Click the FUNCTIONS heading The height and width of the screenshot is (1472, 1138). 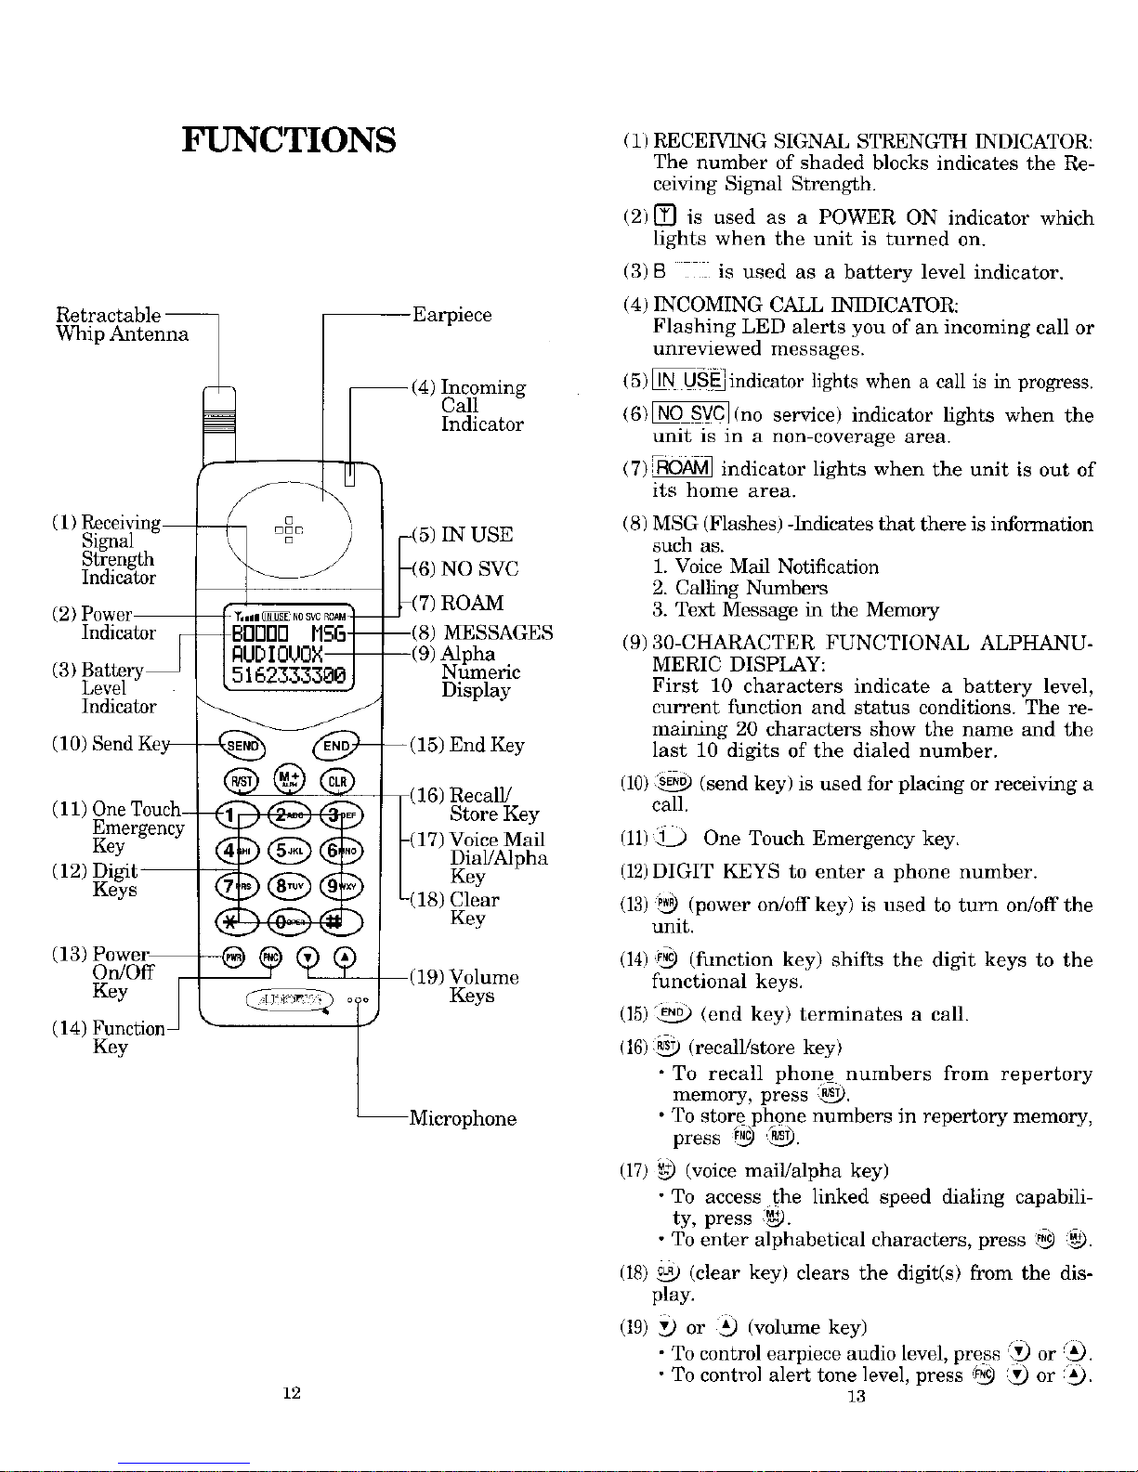pos(289,140)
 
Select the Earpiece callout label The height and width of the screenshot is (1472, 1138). pos(451,315)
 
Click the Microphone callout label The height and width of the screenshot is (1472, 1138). pos(463,1118)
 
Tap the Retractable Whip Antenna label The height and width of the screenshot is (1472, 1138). pos(123,324)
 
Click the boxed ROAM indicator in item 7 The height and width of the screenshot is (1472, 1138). pos(682,468)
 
